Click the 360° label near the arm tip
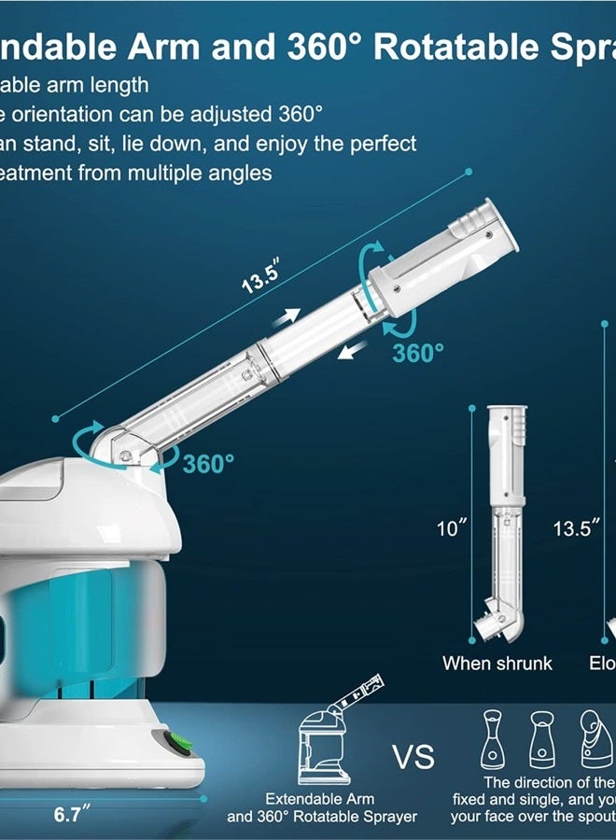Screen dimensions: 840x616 pos(417,353)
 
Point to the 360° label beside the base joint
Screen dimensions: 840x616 pos(208,464)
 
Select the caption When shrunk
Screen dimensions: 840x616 pos(497,664)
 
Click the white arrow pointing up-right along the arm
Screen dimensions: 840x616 pos(287,317)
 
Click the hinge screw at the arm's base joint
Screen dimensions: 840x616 pos(125,454)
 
